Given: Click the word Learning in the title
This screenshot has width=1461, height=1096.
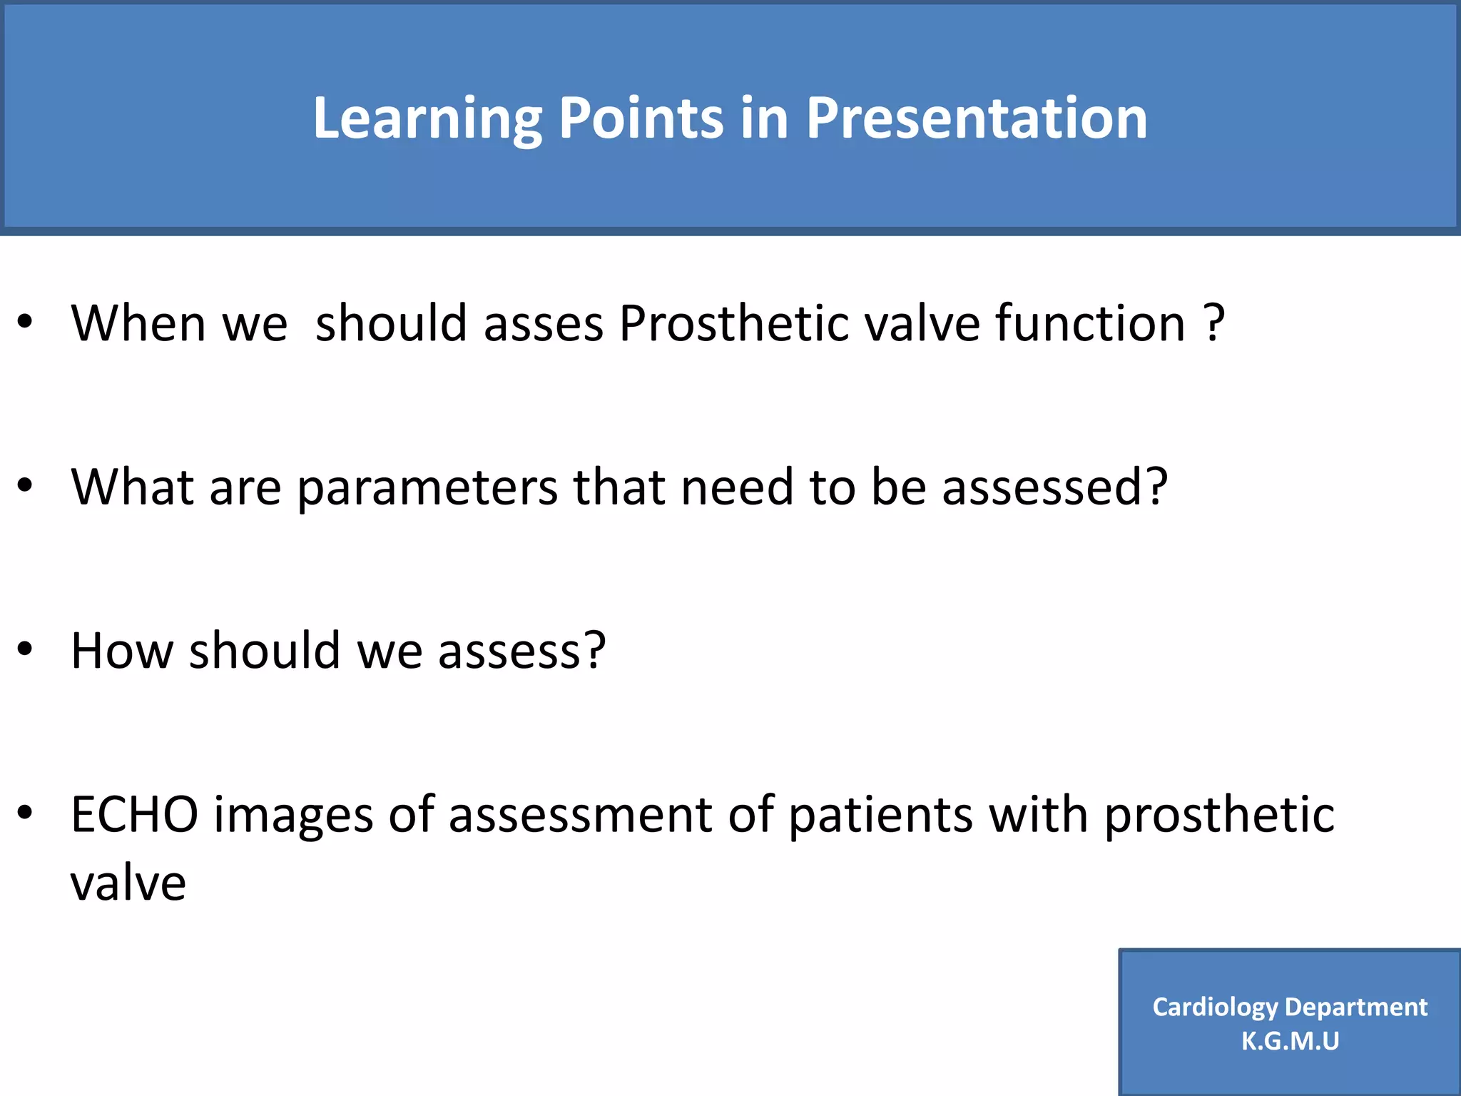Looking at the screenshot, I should click(427, 118).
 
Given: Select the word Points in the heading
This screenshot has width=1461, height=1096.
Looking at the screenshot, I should click(641, 118).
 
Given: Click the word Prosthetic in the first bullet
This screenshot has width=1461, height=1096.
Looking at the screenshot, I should click(734, 324).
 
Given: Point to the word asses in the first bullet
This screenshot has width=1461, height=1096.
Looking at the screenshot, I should click(543, 324).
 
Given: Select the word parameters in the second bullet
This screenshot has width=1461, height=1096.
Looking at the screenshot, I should click(427, 488).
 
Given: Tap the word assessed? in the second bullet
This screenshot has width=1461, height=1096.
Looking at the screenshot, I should click(1054, 488).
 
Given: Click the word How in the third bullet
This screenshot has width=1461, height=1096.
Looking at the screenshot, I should click(122, 651).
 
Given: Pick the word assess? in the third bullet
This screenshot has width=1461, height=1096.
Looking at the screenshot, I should click(521, 651).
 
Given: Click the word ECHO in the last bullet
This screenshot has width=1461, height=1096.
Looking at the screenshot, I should click(135, 815).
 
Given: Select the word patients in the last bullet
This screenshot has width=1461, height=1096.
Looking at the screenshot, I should click(880, 815).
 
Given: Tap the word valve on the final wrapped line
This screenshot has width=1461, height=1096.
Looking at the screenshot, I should click(128, 883).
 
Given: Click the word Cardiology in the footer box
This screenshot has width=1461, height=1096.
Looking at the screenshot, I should click(1214, 1007).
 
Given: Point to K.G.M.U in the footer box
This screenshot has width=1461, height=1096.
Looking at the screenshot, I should click(1290, 1041).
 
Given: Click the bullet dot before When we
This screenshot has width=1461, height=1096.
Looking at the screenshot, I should click(26, 323).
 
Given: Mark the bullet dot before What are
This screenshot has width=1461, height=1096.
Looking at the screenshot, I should click(26, 486).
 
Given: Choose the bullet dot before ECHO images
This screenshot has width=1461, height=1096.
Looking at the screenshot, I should click(26, 813).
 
